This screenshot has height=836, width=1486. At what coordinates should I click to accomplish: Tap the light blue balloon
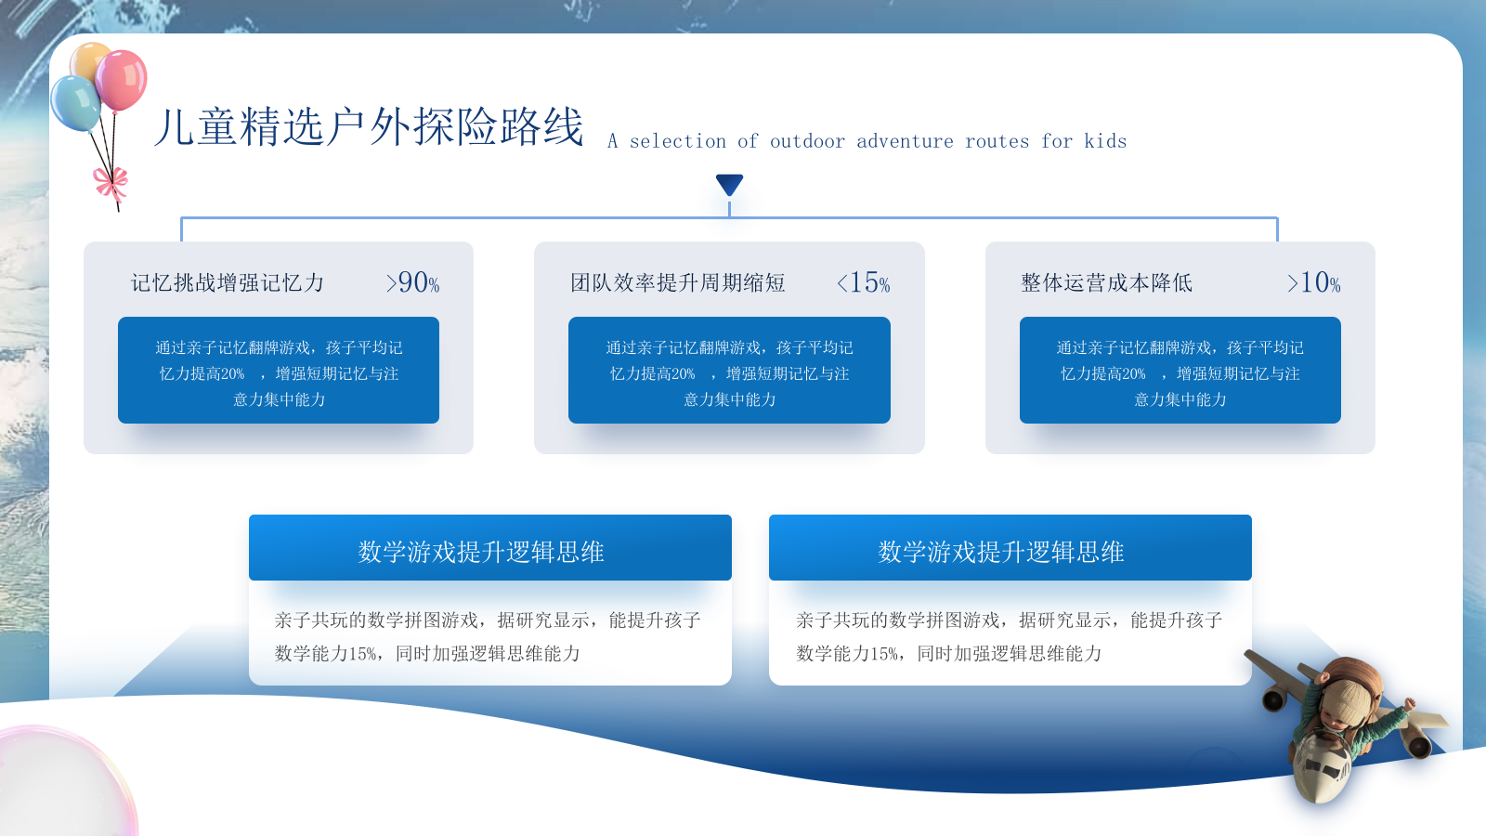click(x=75, y=103)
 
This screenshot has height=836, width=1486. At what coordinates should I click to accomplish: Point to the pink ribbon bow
click(x=111, y=184)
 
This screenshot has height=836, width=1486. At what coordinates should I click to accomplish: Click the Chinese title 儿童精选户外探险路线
click(x=369, y=126)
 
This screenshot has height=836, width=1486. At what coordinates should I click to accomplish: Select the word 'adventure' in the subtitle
click(x=905, y=141)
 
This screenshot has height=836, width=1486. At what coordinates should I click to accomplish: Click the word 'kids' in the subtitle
click(x=1105, y=141)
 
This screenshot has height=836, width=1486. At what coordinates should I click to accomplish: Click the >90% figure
click(x=412, y=282)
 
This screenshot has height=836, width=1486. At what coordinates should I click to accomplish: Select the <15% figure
click(x=863, y=282)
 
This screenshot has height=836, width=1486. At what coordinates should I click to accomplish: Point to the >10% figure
click(x=1313, y=282)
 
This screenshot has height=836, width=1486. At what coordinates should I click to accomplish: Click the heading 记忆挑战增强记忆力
click(x=228, y=283)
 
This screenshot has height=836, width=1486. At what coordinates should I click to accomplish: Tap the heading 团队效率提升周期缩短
click(x=678, y=283)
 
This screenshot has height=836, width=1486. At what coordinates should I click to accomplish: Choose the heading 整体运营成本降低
click(x=1106, y=283)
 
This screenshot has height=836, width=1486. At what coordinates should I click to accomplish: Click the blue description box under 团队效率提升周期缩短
click(x=729, y=371)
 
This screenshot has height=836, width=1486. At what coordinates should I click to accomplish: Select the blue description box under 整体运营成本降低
click(x=1180, y=371)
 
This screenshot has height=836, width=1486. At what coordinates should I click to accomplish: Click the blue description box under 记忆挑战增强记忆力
click(x=279, y=371)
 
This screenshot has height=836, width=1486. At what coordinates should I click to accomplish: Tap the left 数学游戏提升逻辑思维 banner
click(x=490, y=548)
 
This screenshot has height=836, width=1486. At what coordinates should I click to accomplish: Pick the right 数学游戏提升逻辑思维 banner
click(x=1010, y=548)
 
